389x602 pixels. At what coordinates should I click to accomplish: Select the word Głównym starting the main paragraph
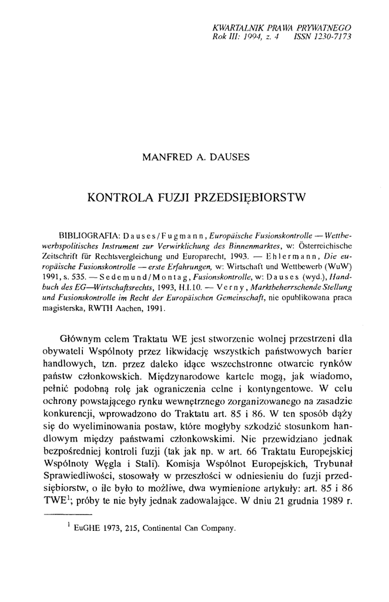83,340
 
